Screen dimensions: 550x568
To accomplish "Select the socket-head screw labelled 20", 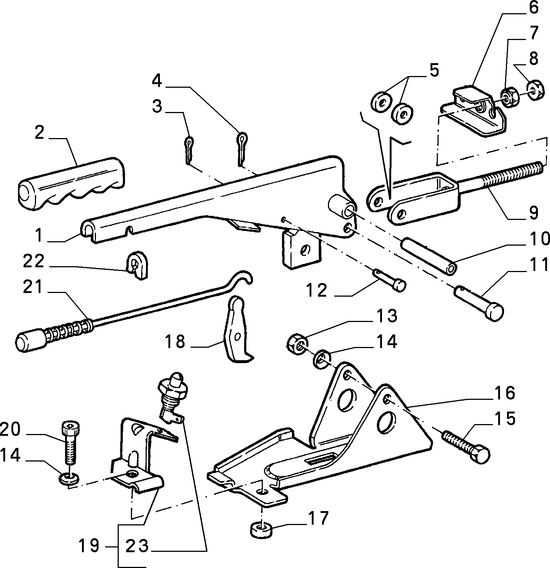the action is (x=71, y=443).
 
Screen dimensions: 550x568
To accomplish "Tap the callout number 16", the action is (x=505, y=393).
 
